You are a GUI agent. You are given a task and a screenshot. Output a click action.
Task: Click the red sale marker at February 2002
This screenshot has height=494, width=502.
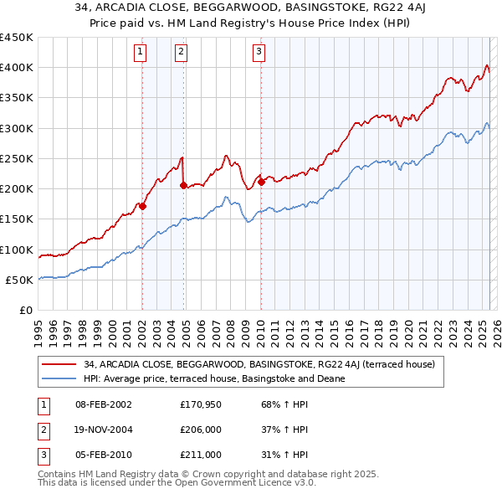pyautogui.click(x=142, y=206)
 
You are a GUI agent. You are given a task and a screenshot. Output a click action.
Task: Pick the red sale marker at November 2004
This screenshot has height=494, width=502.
pyautogui.click(x=183, y=185)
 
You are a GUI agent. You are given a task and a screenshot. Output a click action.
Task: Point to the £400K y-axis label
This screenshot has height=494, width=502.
pyautogui.click(x=17, y=68)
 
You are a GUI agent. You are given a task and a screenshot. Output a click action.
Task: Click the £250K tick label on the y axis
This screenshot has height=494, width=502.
pyautogui.click(x=17, y=158)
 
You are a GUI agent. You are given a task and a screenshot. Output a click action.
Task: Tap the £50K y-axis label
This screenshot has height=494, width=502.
pyautogui.click(x=20, y=280)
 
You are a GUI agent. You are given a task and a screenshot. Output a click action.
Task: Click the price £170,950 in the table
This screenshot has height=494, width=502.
pyautogui.click(x=200, y=404)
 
